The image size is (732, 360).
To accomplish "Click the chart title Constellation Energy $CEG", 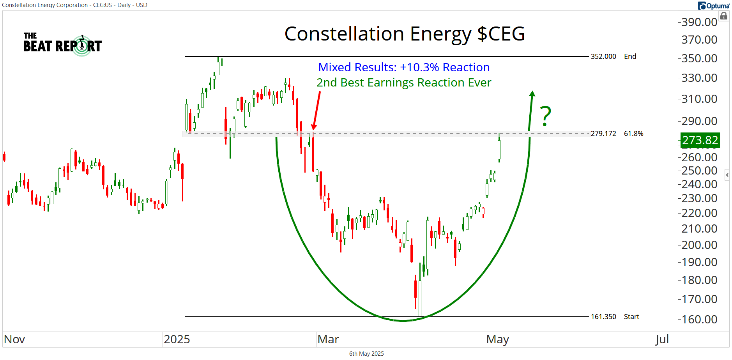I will (405, 34).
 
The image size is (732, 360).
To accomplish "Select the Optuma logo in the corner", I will (713, 5).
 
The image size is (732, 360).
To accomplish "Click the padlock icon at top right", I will (724, 16).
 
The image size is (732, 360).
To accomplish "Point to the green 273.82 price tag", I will (700, 140).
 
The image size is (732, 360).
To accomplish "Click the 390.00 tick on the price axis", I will (699, 22).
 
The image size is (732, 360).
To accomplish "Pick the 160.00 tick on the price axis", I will (699, 319).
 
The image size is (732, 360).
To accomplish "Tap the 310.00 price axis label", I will (699, 99).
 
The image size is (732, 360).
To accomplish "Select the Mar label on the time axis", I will (328, 339).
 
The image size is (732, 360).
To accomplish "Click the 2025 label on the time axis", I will (177, 339).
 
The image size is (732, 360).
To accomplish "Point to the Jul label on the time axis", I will (662, 339).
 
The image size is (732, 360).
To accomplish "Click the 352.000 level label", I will (603, 56).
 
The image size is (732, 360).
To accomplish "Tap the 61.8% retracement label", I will (633, 134).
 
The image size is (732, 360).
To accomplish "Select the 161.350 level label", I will (603, 317).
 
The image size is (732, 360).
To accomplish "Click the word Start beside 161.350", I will (631, 317).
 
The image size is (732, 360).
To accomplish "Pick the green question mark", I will (546, 116).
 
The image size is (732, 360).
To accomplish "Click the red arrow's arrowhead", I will (314, 127).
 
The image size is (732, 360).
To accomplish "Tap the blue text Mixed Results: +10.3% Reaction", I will (404, 67).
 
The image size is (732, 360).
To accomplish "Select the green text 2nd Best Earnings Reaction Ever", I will (404, 83).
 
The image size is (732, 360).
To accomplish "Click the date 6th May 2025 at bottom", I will (366, 354).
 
